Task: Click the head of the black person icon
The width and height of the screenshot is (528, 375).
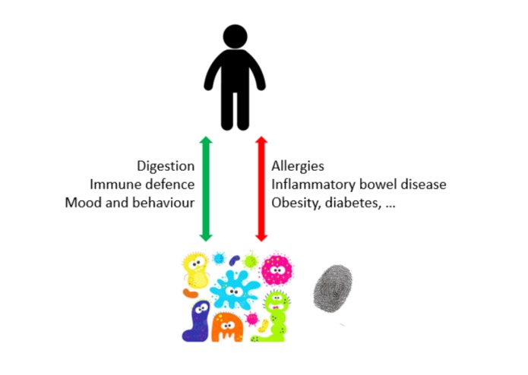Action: (x=235, y=36)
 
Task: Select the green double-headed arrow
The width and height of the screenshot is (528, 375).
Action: (x=206, y=189)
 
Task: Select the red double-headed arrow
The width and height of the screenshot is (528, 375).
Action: (x=261, y=189)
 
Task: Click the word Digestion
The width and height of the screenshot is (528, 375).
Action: (x=166, y=166)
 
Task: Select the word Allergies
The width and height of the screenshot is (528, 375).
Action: (x=298, y=166)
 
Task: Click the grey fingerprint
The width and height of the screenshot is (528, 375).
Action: (x=333, y=288)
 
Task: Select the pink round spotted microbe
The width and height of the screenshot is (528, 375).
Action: (x=277, y=269)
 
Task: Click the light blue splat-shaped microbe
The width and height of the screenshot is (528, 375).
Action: (x=235, y=290)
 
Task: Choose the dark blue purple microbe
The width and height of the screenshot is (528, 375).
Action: (x=198, y=321)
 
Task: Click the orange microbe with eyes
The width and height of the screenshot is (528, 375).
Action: (x=227, y=327)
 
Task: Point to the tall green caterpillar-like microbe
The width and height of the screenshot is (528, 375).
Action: (x=273, y=317)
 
